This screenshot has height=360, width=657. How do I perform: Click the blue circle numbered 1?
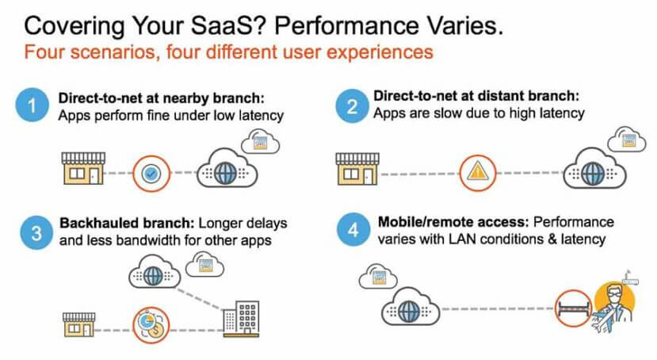(32, 105)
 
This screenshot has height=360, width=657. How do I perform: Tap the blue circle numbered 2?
(353, 105)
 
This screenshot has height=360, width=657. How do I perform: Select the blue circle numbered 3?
(37, 232)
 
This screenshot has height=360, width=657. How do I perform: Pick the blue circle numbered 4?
(353, 229)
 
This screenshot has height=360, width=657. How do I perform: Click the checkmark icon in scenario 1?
(151, 173)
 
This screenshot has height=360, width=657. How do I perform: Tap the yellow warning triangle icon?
(478, 172)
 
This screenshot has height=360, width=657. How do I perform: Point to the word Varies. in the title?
(465, 25)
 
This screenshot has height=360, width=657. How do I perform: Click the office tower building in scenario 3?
(241, 319)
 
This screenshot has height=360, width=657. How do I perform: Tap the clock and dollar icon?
(151, 325)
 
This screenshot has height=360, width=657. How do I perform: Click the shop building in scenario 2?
(357, 169)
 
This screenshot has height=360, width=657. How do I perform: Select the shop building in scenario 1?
(83, 168)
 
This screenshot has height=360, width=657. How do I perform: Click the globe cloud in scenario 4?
(411, 307)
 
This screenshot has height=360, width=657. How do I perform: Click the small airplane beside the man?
(603, 324)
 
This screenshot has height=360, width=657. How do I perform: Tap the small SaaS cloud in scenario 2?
(627, 139)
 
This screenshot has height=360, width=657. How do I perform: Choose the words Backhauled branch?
(127, 223)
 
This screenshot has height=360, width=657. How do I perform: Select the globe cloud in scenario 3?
(155, 274)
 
